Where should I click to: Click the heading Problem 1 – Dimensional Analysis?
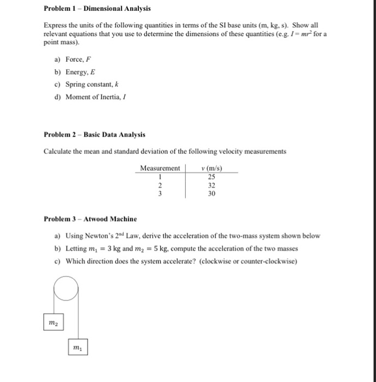[x=97, y=9]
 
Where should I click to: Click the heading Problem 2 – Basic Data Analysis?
[x=95, y=135]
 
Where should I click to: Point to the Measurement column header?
[x=160, y=168]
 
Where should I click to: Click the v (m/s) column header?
[x=211, y=168]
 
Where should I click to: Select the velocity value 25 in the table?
[x=211, y=176]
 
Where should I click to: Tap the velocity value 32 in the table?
[x=211, y=184]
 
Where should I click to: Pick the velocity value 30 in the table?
[x=211, y=193]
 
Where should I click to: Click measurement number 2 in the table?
[x=160, y=184]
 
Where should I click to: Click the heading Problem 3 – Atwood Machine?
[x=90, y=219]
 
